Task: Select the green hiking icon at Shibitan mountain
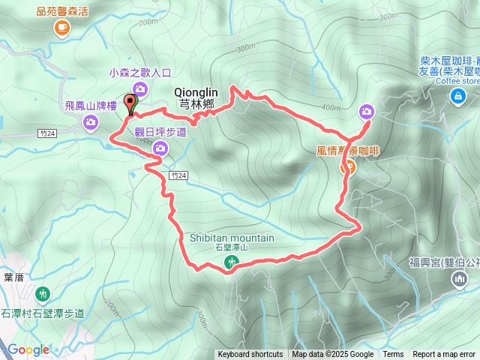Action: click(x=232, y=262)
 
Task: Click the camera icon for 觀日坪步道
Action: click(x=160, y=149)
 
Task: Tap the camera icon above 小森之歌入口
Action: click(x=140, y=90)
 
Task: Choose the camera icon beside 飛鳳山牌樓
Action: click(x=91, y=122)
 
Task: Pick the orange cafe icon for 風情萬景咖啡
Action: click(x=348, y=168)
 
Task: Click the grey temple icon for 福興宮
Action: click(x=458, y=280)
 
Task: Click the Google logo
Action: click(x=28, y=349)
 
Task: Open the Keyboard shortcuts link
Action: click(x=250, y=355)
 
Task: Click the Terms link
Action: click(x=393, y=355)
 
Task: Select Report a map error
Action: click(x=444, y=355)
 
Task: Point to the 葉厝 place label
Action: click(x=13, y=277)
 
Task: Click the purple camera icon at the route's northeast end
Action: click(x=366, y=112)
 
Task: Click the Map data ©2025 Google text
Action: click(x=333, y=355)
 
